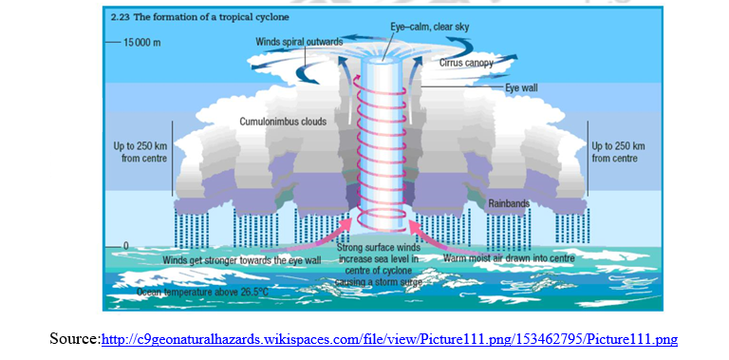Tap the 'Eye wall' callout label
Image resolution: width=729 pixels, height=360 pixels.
pos(521,87)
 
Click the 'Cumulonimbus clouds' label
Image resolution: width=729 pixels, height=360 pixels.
pos(282,121)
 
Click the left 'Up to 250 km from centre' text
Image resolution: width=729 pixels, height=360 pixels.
pos(140,152)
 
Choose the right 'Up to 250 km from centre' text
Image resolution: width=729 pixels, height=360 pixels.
pos(618,152)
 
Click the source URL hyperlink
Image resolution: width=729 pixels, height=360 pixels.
pos(389,338)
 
